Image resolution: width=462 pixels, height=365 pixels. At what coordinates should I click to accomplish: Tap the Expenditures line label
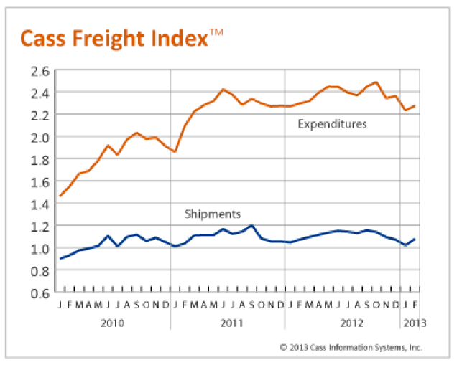pyautogui.click(x=332, y=124)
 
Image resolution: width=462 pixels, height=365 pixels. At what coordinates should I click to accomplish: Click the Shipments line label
pyautogui.click(x=212, y=214)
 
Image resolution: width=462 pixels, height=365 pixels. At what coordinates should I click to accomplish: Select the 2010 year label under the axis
pyautogui.click(x=113, y=323)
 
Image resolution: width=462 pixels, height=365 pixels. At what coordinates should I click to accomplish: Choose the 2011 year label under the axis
pyautogui.click(x=228, y=323)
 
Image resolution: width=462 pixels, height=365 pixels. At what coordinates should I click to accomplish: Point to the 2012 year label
pyautogui.click(x=343, y=323)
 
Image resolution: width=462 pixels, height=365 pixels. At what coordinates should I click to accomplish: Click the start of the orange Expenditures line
pyautogui.click(x=60, y=196)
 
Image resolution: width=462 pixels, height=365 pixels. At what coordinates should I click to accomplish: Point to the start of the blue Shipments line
pyautogui.click(x=60, y=259)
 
